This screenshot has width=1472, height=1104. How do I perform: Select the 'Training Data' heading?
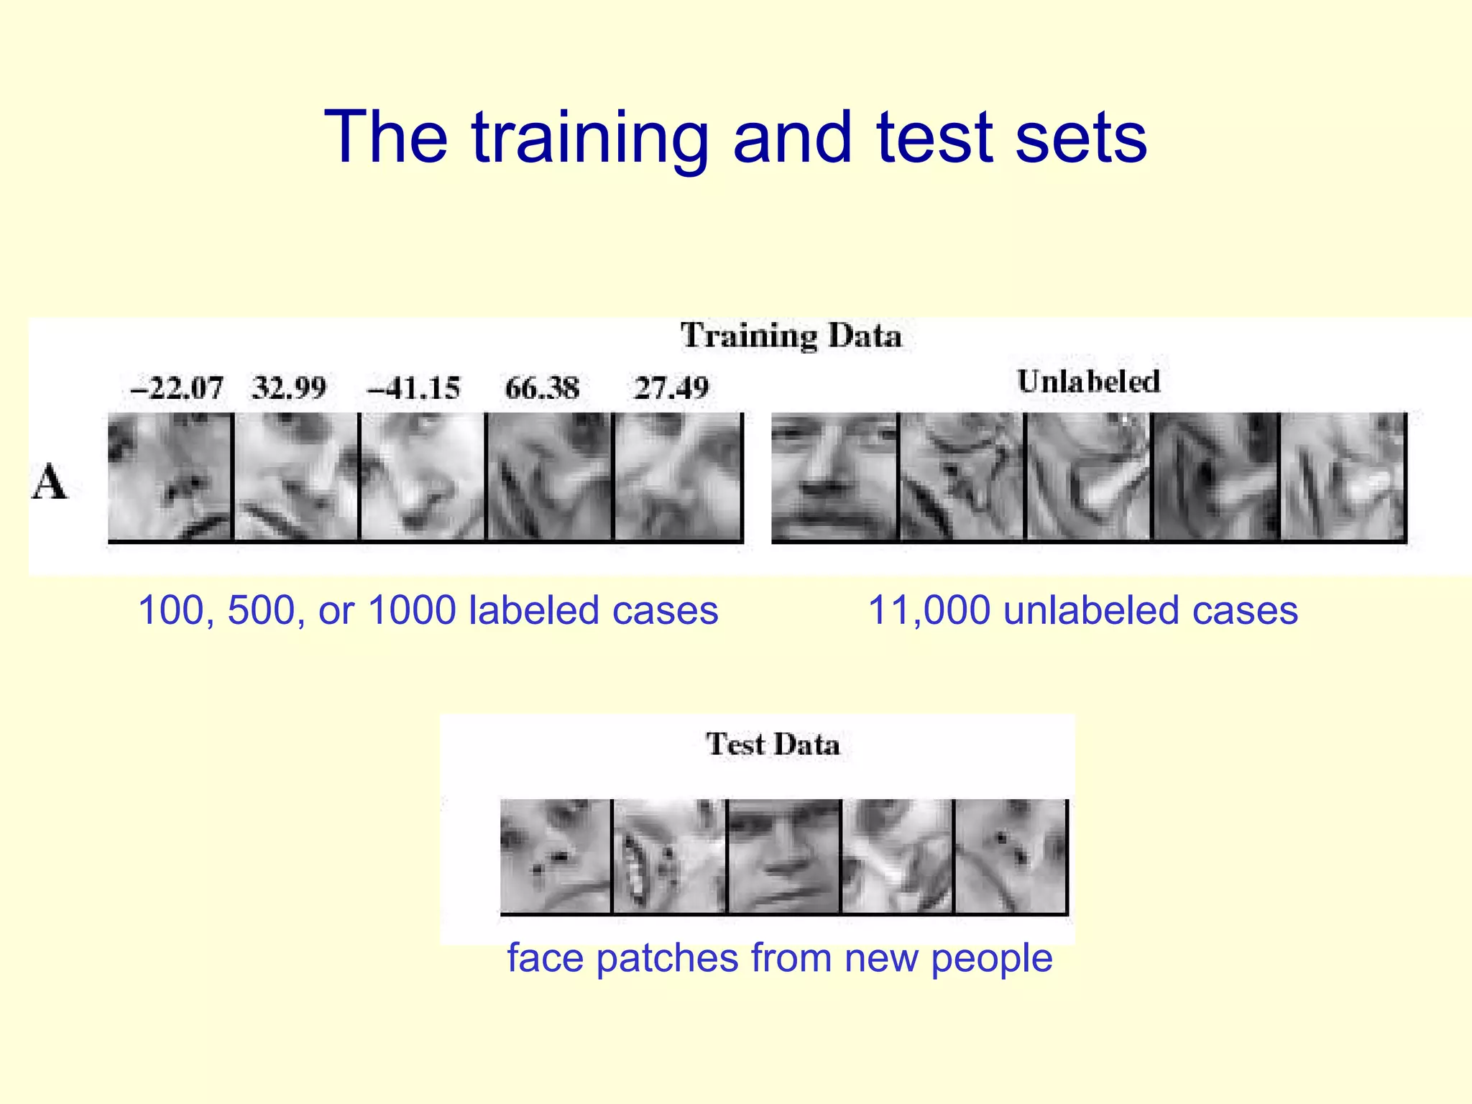point(791,336)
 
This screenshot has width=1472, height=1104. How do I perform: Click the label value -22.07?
point(176,389)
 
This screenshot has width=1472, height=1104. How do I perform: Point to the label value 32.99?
point(289,389)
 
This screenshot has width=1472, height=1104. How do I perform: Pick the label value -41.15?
point(413,389)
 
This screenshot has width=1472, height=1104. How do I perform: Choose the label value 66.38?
point(542,389)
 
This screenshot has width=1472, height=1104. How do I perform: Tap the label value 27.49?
point(671,389)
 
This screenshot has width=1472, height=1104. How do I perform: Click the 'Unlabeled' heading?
point(1088,382)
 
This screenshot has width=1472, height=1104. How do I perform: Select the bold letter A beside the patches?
point(49,482)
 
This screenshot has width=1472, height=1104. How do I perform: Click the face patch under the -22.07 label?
point(170,476)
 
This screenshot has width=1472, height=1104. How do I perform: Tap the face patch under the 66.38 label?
point(550,476)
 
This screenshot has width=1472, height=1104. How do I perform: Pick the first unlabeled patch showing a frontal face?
point(834,476)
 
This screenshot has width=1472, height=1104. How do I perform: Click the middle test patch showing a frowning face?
point(784,855)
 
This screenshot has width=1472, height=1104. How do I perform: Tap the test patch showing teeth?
point(669,855)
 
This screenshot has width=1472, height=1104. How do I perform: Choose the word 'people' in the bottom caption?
point(991,959)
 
